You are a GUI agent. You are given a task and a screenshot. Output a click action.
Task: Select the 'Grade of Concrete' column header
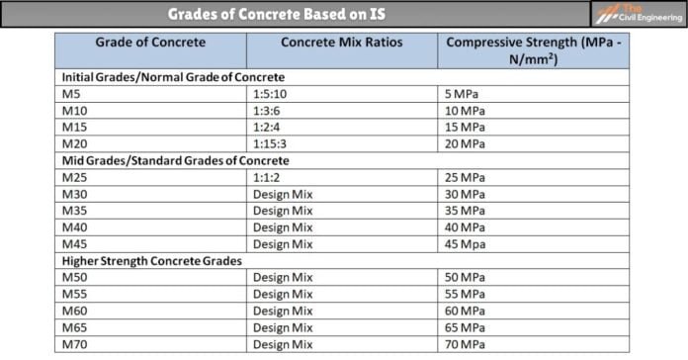[x=150, y=43]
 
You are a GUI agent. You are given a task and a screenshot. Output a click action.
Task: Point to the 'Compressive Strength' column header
[x=540, y=50]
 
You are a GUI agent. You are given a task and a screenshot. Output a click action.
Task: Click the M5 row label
[x=72, y=94]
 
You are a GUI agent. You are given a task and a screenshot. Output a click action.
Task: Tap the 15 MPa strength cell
[x=466, y=128]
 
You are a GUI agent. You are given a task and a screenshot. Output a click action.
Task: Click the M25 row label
[x=75, y=178]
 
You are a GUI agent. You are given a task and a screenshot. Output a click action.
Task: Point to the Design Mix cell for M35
[x=283, y=211]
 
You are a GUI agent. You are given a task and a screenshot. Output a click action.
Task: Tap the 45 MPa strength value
[x=466, y=244]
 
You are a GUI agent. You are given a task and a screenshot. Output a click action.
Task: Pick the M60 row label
[x=75, y=312]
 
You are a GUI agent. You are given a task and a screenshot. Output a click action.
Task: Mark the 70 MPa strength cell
[x=466, y=345]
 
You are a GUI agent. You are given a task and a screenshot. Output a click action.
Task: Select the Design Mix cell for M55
[x=283, y=295]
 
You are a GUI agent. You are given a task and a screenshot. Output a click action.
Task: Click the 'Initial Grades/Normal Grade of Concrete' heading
[x=173, y=76]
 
